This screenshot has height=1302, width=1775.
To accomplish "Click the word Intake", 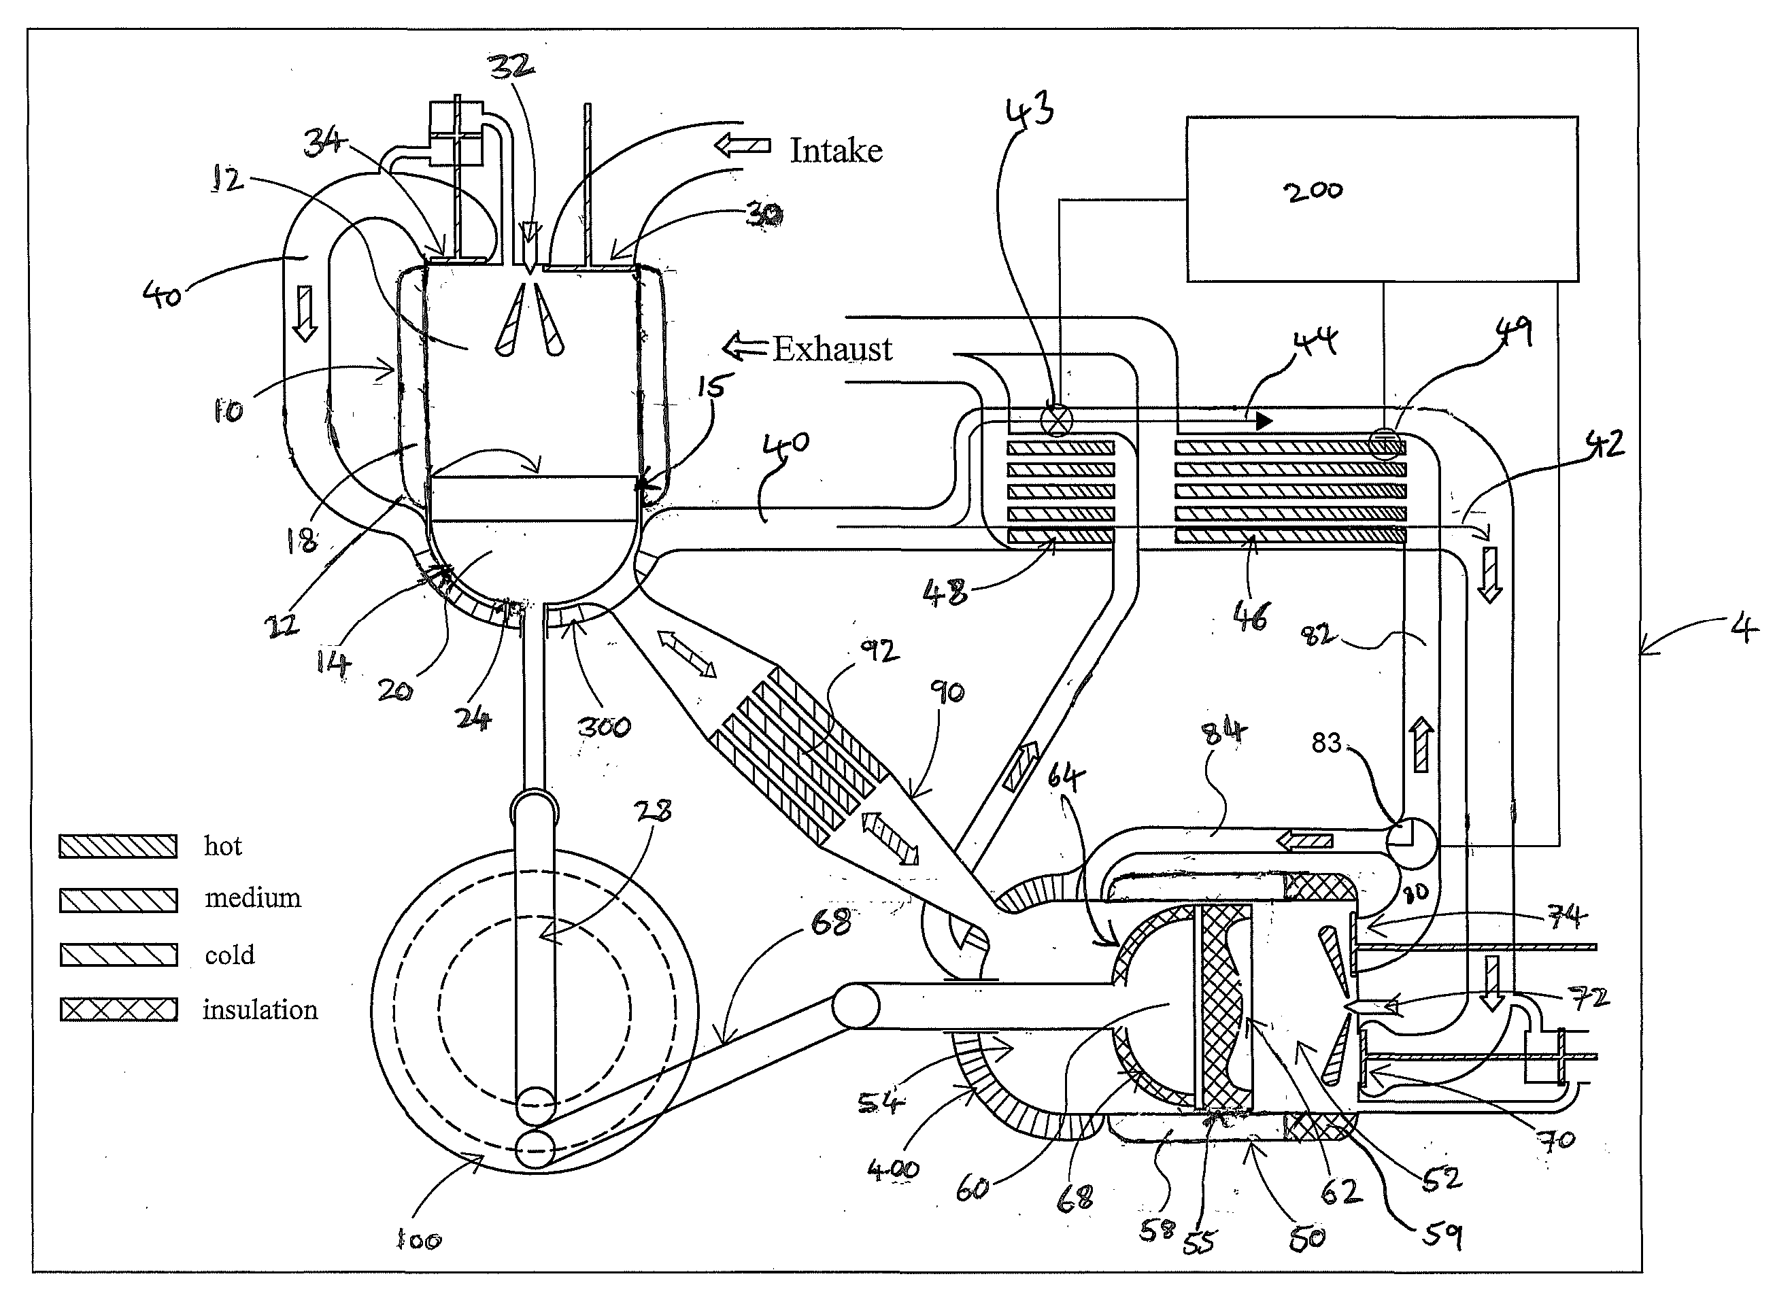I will pyautogui.click(x=836, y=150).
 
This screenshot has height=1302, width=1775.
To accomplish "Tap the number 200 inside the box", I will pyautogui.click(x=1313, y=192).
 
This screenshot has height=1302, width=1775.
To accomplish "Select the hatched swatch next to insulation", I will pyautogui.click(x=118, y=1010).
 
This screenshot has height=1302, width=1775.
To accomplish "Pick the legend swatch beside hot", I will pyautogui.click(x=118, y=846).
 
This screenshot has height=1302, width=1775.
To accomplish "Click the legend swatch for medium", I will pyautogui.click(x=118, y=900).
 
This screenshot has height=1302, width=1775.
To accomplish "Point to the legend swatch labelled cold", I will pyautogui.click(x=118, y=955).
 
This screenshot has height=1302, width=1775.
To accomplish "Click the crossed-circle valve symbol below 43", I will pyautogui.click(x=1057, y=419).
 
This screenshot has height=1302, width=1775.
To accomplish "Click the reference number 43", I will pyautogui.click(x=1030, y=109).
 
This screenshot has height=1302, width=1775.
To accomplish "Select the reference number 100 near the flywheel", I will pyautogui.click(x=418, y=1241).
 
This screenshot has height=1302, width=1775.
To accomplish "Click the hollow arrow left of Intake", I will pyautogui.click(x=742, y=145).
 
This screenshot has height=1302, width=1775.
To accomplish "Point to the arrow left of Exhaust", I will pyautogui.click(x=744, y=347).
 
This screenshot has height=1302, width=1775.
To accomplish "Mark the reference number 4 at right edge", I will pyautogui.click(x=1744, y=629).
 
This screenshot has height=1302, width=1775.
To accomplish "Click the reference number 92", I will pyautogui.click(x=878, y=651).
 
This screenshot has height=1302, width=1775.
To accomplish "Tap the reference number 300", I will pyautogui.click(x=605, y=726).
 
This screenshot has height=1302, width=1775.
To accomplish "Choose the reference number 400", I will pyautogui.click(x=893, y=1169).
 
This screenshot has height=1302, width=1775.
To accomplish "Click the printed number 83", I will pyautogui.click(x=1325, y=742).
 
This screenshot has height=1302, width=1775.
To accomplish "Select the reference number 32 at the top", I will pyautogui.click(x=511, y=66).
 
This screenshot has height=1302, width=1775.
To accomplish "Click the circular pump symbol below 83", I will pyautogui.click(x=1412, y=844).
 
